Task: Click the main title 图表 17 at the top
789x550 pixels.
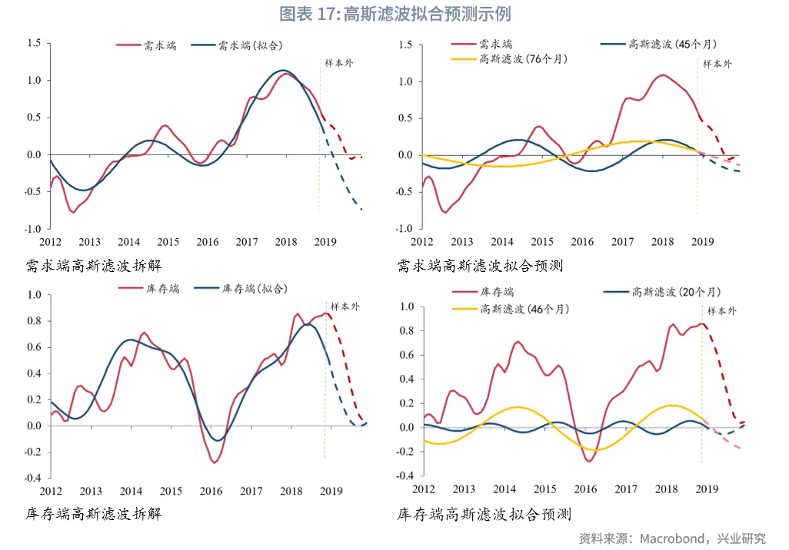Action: pos(394,14)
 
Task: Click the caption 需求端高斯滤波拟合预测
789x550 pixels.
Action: pos(480,266)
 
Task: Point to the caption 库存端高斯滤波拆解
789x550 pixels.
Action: pos(93,514)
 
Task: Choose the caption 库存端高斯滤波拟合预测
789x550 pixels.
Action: pos(484,514)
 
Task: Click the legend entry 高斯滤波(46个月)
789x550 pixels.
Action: pos(524,309)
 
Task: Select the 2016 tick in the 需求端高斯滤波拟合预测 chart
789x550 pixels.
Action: pos(582,242)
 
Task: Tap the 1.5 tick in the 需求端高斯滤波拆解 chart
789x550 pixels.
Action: pos(33,43)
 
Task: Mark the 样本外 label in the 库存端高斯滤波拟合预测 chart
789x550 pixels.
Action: pos(721,310)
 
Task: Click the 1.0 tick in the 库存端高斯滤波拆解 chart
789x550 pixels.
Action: pos(33,295)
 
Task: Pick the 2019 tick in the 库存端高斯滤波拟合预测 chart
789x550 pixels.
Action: pos(706,489)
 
